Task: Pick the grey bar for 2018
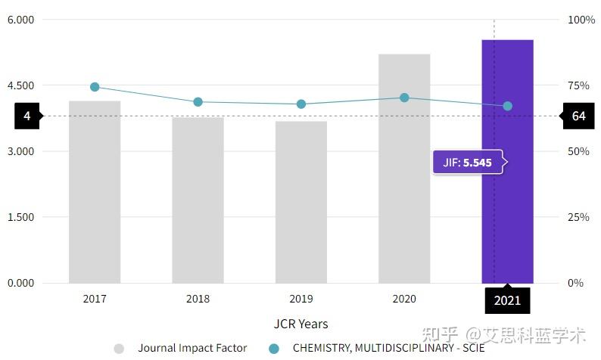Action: point(198,200)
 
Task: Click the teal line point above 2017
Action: point(95,87)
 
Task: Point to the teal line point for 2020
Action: point(404,98)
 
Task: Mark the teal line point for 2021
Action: point(508,106)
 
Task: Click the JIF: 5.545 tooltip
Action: point(468,162)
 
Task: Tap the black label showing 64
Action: point(578,116)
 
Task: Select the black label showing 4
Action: point(27,116)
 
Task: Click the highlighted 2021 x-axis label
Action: point(507,300)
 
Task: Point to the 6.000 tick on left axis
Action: point(20,20)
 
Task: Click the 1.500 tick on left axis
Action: point(20,217)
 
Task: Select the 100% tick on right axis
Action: point(581,20)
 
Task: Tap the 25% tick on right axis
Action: point(578,217)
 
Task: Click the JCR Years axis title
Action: point(300,324)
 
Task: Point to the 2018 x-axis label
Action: point(198,299)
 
